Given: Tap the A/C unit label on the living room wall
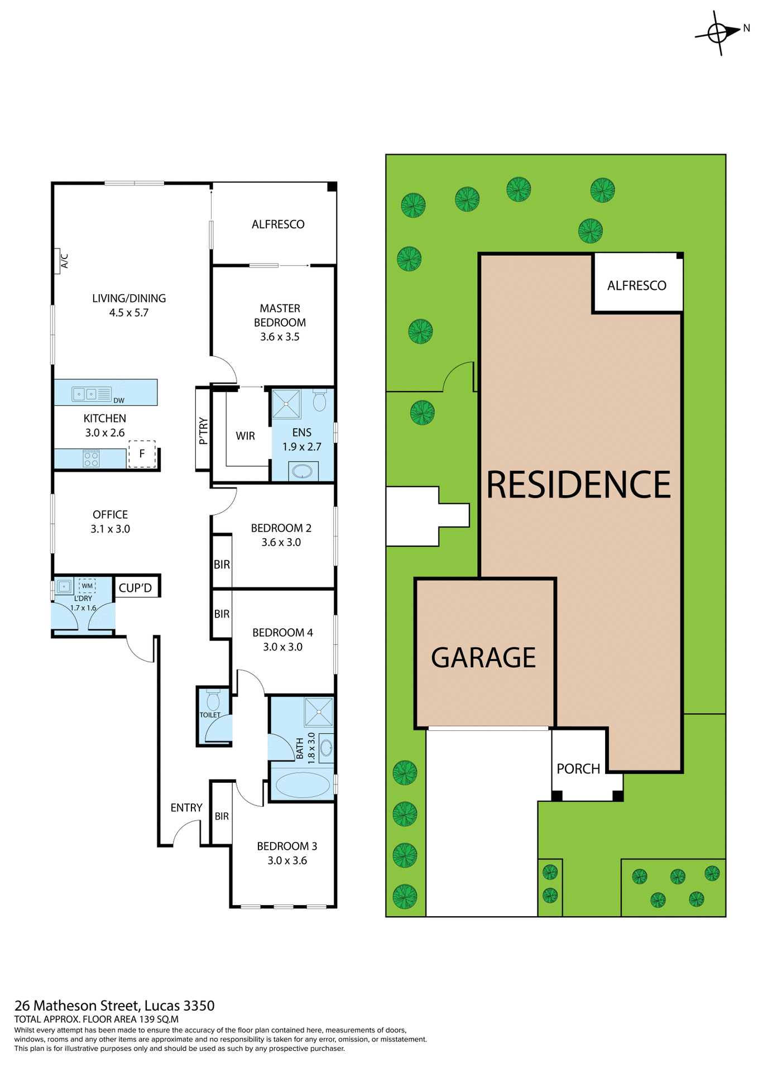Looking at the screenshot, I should pos(64,261).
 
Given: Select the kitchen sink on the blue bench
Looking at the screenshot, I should pos(85,394).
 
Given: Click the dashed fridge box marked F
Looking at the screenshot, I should pos(142,453).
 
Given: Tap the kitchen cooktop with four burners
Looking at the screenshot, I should pos(91,459).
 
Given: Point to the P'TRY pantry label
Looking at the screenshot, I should pos(203,430).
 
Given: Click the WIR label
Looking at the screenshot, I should pos(245,436).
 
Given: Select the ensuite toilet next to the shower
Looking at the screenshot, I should pos(319,400).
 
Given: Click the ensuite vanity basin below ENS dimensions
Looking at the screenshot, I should pos(303,471).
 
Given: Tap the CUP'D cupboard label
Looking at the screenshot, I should pos(135,588).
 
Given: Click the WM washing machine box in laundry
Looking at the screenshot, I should pos(87,586).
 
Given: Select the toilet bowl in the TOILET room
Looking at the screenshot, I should pos(213,701).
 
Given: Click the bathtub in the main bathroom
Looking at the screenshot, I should pos(302,784).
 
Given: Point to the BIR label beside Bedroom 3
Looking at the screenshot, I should pos(222,816).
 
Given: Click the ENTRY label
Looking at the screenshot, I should pos(186,808).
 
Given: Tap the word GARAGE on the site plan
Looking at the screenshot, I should pos(483,658).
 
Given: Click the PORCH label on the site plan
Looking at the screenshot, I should pos(578,769).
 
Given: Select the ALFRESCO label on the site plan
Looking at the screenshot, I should pos(636,286).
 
